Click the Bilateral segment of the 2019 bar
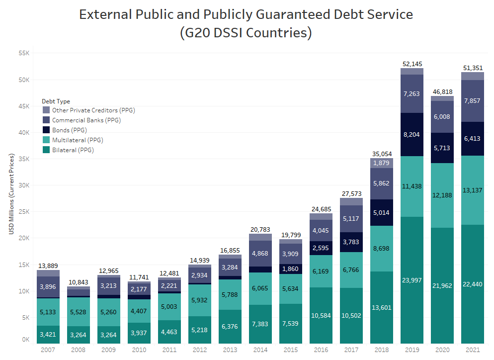412,280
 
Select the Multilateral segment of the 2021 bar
473,190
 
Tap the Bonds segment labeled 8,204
412,134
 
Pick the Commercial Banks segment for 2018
381,183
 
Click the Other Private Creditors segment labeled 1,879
381,163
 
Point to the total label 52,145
412,64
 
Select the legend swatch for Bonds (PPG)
46,130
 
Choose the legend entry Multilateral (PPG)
77,140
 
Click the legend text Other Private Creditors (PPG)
93,110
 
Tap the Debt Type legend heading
56,101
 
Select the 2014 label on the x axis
260,350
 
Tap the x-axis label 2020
442,350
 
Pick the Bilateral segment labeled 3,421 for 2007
48,334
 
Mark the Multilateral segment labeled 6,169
321,271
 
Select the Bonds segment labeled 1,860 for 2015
290,269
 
